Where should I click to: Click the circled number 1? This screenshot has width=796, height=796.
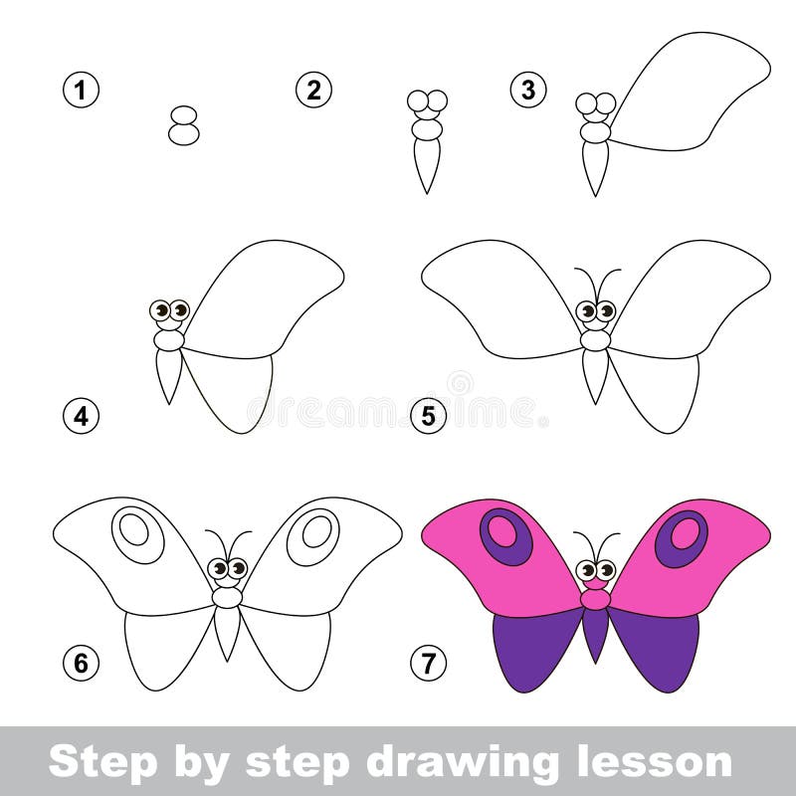click(x=81, y=91)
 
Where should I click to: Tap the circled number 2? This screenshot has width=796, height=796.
click(x=313, y=91)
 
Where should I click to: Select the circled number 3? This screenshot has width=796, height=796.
click(x=528, y=91)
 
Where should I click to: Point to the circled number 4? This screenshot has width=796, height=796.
click(x=81, y=416)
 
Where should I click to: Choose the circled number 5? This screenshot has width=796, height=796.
click(x=429, y=416)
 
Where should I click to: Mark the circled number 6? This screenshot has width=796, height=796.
click(x=81, y=663)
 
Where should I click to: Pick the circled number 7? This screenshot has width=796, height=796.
click(x=429, y=663)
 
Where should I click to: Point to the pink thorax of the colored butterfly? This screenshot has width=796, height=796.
click(x=595, y=600)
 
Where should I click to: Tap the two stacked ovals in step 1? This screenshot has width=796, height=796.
click(x=184, y=125)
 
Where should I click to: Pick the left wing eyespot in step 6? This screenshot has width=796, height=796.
click(x=138, y=534)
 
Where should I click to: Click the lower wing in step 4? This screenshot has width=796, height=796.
click(x=231, y=391)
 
